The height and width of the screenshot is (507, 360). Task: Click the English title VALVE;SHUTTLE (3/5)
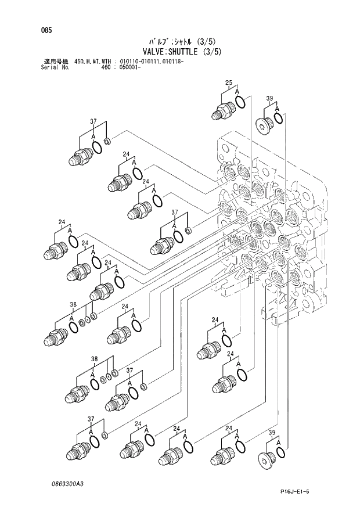pos(181,51)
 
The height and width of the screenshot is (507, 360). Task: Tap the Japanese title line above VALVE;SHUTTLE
pos(181,41)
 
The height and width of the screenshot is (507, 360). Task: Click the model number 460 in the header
pos(106,67)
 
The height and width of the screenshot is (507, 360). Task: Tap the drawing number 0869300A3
pos(66,483)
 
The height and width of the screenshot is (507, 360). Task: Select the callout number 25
pos(229,82)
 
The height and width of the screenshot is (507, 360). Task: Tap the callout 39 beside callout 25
pos(269,99)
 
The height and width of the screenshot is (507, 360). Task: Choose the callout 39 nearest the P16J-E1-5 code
pos(272,434)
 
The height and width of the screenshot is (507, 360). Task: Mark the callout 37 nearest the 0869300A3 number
pos(91,419)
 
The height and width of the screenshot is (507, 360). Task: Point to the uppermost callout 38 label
pos(73,304)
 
